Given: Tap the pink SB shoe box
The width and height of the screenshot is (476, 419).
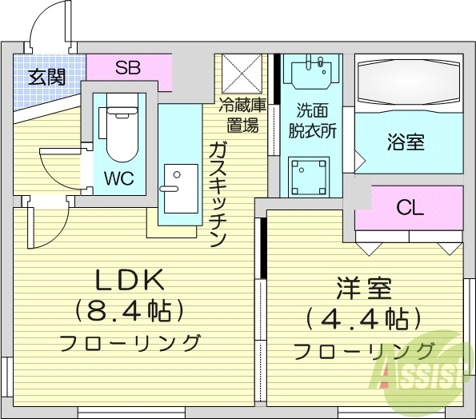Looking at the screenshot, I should click(x=128, y=67).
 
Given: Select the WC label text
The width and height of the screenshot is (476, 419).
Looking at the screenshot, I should click(x=117, y=176).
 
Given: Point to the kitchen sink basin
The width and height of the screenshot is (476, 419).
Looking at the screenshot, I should click(x=180, y=188).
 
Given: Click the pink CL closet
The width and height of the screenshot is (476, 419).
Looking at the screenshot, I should click(x=409, y=209).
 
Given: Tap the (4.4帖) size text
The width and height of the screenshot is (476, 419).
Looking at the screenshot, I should click(x=363, y=319).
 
